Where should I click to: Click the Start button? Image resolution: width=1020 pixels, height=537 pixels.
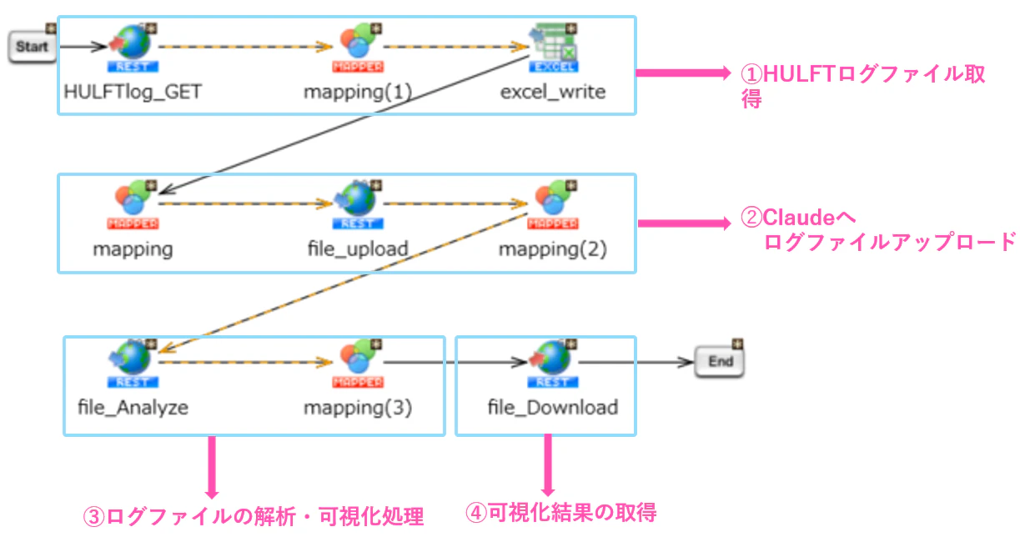point(32,47)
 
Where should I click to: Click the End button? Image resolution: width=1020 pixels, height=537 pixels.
point(720,362)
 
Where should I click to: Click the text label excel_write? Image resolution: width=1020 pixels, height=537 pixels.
point(553,93)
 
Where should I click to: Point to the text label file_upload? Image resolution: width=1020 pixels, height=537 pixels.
point(358,249)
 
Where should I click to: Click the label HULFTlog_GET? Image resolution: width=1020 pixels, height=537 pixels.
point(133,93)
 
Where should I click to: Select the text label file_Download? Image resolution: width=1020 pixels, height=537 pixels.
point(553,407)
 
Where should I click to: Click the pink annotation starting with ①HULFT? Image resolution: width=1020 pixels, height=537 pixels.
point(862,86)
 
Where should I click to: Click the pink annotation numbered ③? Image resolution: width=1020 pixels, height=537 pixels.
point(254,516)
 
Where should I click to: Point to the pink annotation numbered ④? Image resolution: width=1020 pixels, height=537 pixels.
point(560,513)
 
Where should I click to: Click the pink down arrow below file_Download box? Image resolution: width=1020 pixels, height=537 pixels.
point(548,465)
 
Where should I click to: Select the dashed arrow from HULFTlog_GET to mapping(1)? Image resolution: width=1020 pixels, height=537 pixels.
point(246,47)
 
